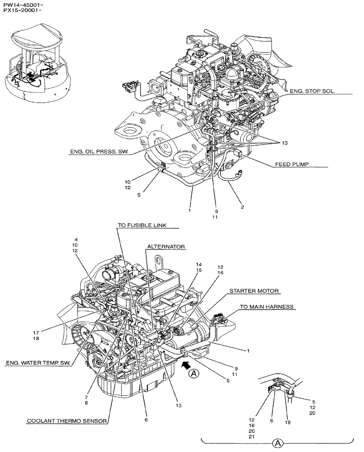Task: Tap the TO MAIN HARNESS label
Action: pos(267,306)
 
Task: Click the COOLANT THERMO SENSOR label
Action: pos(67,421)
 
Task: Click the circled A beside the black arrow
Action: pos(194,373)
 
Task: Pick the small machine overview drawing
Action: pos(38,63)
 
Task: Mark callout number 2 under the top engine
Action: pos(242,207)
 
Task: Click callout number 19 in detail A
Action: pos(288,423)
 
